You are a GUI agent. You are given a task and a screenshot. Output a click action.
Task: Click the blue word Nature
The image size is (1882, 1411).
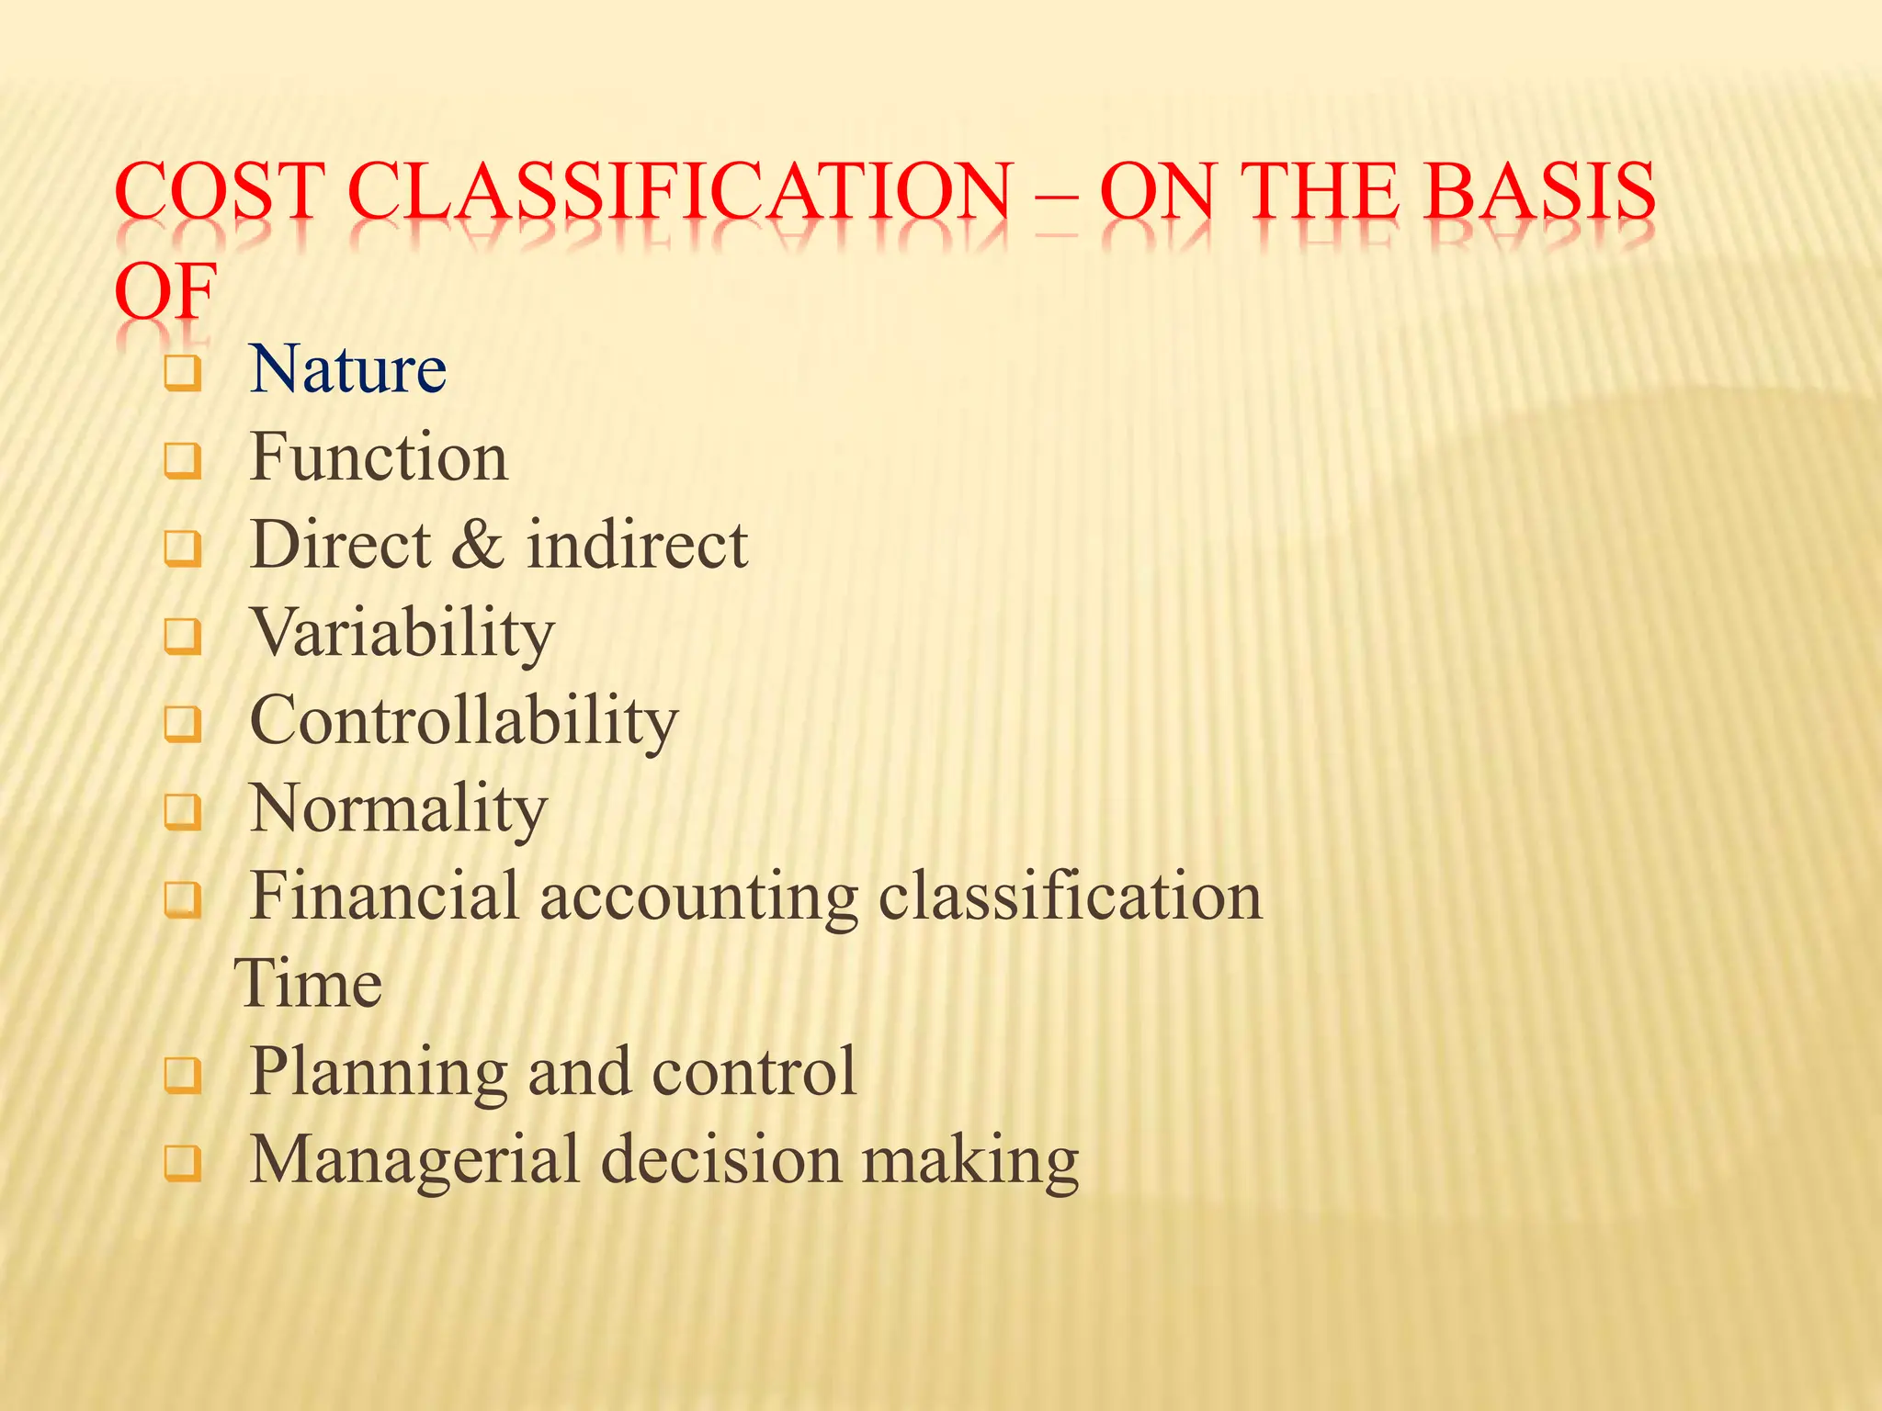click(347, 369)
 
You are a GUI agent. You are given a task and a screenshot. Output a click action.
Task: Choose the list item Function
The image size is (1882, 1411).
click(378, 457)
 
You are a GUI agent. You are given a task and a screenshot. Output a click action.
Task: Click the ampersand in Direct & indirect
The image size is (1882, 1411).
click(478, 545)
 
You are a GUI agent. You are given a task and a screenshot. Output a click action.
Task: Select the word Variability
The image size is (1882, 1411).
click(402, 633)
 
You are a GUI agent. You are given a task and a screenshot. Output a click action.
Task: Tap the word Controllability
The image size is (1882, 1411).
click(463, 721)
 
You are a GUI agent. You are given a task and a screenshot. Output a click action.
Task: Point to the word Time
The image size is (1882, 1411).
click(309, 984)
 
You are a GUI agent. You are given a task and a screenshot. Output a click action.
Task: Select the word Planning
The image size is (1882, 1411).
click(378, 1072)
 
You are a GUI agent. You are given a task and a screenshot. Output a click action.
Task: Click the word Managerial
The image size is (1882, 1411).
click(414, 1159)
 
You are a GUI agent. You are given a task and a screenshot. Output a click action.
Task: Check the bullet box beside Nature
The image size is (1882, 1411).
click(182, 374)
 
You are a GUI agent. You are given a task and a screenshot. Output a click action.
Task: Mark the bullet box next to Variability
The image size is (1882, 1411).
click(182, 637)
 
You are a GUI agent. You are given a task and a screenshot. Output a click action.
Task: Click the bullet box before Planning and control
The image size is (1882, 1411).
click(182, 1075)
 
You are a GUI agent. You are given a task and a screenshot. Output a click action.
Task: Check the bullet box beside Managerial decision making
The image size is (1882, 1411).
click(182, 1163)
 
